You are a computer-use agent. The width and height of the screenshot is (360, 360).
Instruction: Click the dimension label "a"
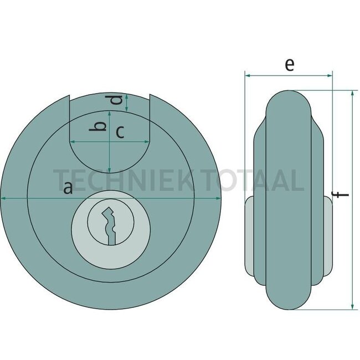tap(68, 188)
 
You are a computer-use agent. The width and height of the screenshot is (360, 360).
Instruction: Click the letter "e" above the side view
tap(289, 64)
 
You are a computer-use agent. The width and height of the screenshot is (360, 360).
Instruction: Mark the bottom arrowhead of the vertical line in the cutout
tap(110, 170)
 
